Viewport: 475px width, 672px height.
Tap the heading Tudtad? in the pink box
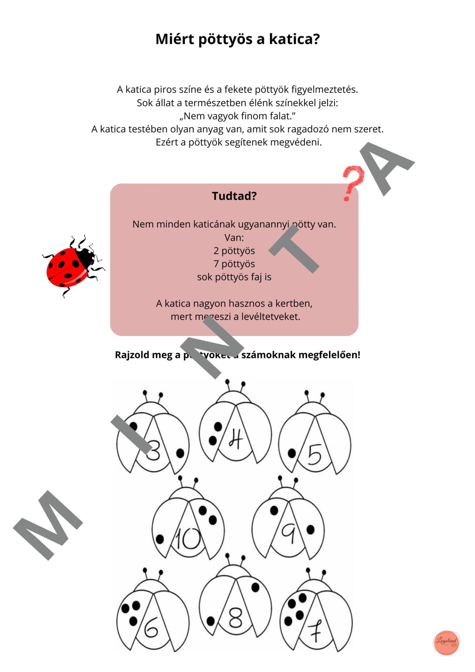coord(234,196)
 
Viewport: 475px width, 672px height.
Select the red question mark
coord(352,183)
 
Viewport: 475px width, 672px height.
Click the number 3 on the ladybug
coord(153,450)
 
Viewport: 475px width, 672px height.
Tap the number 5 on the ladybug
coord(314,454)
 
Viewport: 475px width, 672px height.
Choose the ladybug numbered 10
coord(188,526)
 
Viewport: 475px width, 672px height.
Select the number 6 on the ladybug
coord(151,628)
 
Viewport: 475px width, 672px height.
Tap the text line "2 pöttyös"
coord(234,251)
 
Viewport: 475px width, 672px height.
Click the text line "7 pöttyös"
coord(234,264)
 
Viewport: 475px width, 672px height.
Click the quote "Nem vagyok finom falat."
coord(238,116)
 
